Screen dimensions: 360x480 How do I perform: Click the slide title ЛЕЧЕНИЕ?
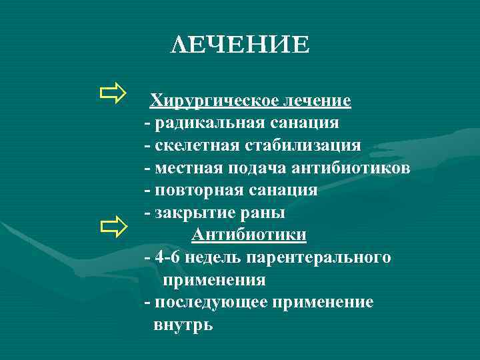pyautogui.click(x=240, y=45)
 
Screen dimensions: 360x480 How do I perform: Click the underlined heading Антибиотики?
pyautogui.click(x=249, y=235)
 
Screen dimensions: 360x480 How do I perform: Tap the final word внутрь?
pyautogui.click(x=183, y=325)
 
